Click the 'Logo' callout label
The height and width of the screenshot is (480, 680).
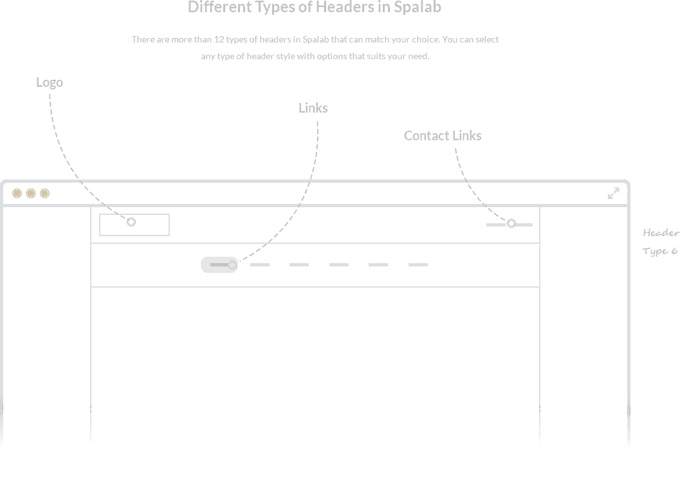point(50,83)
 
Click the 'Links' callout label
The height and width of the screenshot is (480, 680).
point(313,108)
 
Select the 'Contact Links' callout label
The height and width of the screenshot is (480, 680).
point(443,136)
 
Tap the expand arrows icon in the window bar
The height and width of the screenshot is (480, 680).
point(614,193)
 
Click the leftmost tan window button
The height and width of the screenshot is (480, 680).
point(17,194)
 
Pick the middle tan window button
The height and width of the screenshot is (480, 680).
point(31,194)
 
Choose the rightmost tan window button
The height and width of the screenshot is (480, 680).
point(44,194)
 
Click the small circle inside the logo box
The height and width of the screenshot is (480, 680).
point(131,222)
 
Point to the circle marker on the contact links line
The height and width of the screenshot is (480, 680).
point(511,223)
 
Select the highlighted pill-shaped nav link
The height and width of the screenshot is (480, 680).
point(219,265)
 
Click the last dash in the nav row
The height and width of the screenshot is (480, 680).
point(418,264)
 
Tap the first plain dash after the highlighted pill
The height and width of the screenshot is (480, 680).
point(260,264)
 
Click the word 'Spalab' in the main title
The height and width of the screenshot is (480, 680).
point(417,7)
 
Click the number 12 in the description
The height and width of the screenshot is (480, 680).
point(219,39)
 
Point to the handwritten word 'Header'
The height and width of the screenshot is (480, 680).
point(661,233)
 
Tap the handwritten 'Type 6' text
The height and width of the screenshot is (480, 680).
point(659,251)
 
